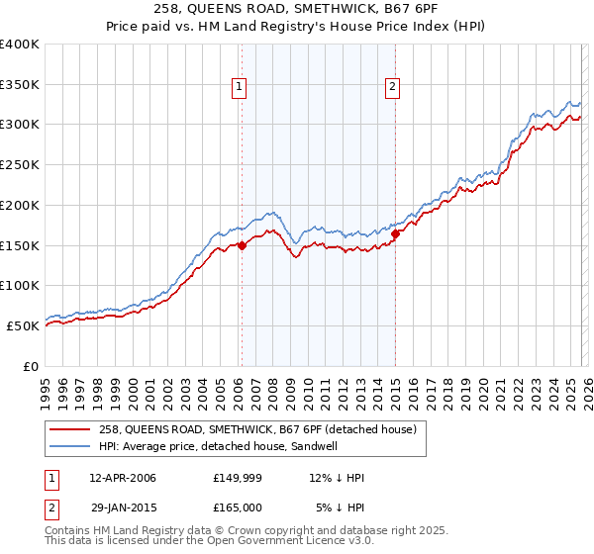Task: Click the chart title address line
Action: [x=296, y=9]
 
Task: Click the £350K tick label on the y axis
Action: [x=20, y=85]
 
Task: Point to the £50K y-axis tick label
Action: [x=23, y=325]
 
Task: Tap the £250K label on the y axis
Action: [x=20, y=165]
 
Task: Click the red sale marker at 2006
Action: [x=242, y=247]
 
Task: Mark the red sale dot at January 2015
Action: [x=395, y=234]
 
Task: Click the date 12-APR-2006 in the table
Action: [x=123, y=478]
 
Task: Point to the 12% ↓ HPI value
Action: [x=337, y=478]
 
